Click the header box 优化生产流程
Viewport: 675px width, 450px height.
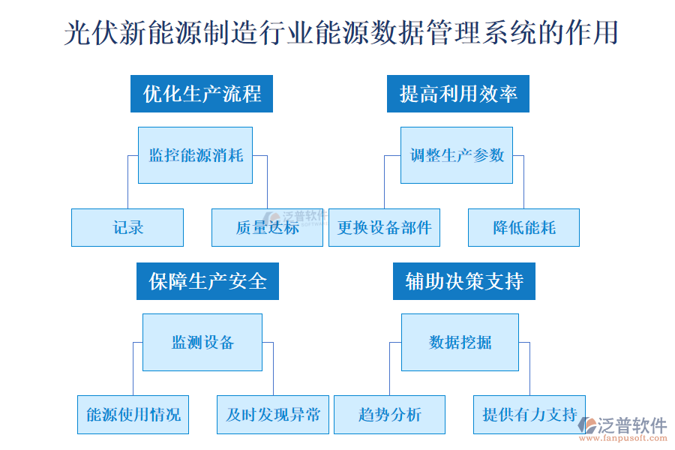pyautogui.click(x=202, y=94)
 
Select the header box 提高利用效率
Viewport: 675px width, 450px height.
pyautogui.click(x=458, y=94)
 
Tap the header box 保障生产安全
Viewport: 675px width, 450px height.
pyautogui.click(x=208, y=281)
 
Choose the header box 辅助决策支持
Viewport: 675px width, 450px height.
pyautogui.click(x=464, y=281)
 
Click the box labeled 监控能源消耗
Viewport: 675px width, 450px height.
pyautogui.click(x=196, y=155)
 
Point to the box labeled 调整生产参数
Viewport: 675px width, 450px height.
pyautogui.click(x=457, y=155)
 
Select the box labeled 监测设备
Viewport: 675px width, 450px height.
pyautogui.click(x=202, y=342)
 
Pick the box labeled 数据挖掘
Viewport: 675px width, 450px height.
pyautogui.click(x=460, y=342)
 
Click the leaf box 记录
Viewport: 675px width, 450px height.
pyautogui.click(x=127, y=227)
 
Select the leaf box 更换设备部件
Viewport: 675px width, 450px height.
pyautogui.click(x=384, y=227)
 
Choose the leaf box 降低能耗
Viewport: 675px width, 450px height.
pyautogui.click(x=523, y=227)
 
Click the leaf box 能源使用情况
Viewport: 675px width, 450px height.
pyautogui.click(x=133, y=415)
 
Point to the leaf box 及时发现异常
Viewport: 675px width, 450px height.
pyautogui.click(x=273, y=415)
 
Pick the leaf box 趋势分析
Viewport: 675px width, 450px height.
pyautogui.click(x=390, y=415)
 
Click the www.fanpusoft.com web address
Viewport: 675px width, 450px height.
pyautogui.click(x=631, y=439)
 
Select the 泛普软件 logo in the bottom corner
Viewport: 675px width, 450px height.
pyautogui.click(x=626, y=425)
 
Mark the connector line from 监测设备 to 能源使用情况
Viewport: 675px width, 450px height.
pyautogui.click(x=133, y=367)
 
